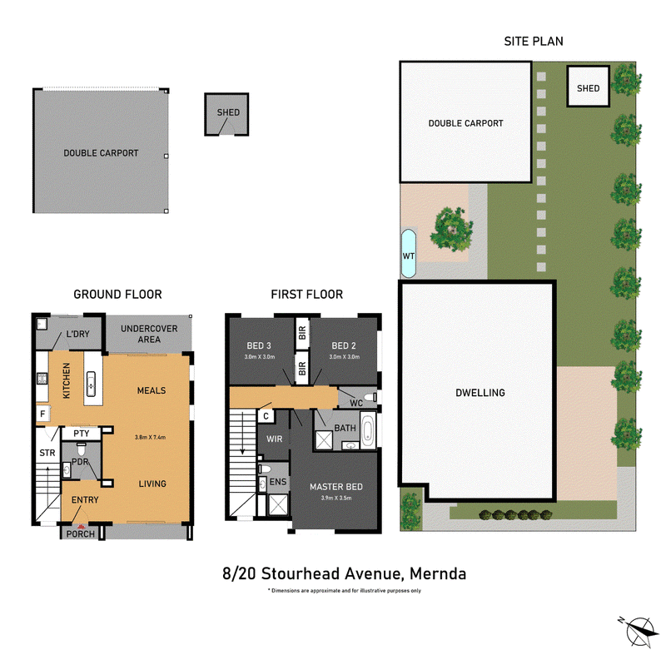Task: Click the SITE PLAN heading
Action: [x=534, y=41]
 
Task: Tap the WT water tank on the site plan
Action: [x=409, y=253]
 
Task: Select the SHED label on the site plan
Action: [x=589, y=88]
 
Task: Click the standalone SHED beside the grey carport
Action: [x=226, y=114]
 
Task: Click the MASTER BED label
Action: [x=336, y=487]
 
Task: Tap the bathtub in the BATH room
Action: [x=368, y=430]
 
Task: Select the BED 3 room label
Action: [x=259, y=345]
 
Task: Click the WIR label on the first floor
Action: [x=275, y=439]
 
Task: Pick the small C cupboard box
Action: [x=266, y=416]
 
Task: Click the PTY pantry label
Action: [x=81, y=434]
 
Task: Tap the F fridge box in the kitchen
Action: [x=42, y=414]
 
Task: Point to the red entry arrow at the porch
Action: [x=81, y=527]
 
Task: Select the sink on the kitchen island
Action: [x=91, y=384]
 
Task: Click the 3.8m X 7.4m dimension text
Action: [x=150, y=437]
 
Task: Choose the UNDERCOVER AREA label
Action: [x=149, y=334]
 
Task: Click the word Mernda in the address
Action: [x=438, y=573]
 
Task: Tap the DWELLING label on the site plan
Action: [x=480, y=393]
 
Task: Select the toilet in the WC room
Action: [x=370, y=397]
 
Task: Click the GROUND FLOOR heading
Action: [x=117, y=294]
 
